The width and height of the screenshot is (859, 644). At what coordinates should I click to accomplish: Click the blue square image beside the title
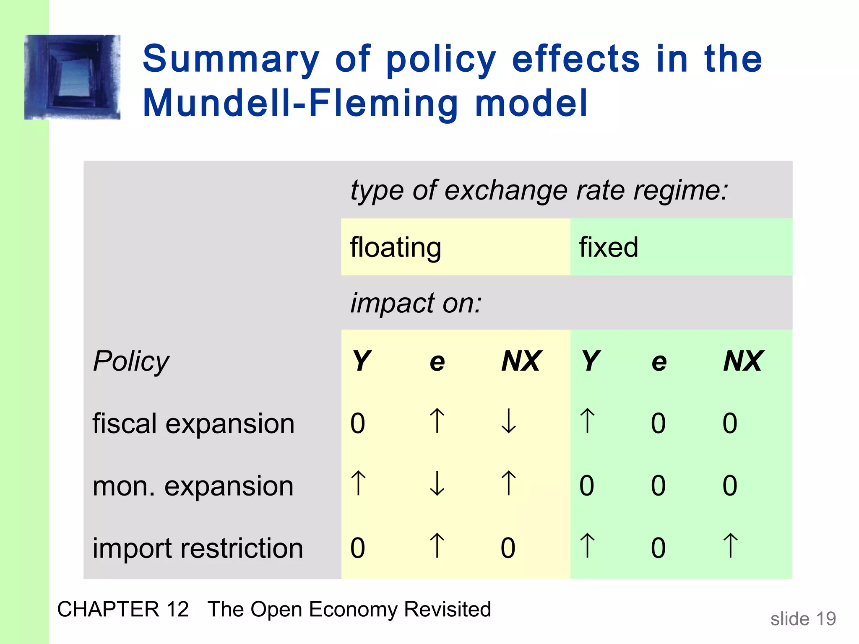pyautogui.click(x=72, y=77)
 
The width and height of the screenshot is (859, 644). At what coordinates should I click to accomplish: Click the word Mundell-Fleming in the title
pyautogui.click(x=300, y=103)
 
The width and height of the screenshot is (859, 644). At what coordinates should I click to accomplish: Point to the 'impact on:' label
pyautogui.click(x=416, y=303)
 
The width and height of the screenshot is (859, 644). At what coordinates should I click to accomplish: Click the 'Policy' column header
pyautogui.click(x=131, y=361)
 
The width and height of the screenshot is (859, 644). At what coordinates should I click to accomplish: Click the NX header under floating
pyautogui.click(x=521, y=361)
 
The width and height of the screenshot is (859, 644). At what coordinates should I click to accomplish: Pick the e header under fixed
pyautogui.click(x=659, y=362)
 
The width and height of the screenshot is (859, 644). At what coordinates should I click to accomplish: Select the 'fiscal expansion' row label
pyautogui.click(x=193, y=423)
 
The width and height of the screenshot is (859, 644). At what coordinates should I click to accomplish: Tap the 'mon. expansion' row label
pyautogui.click(x=193, y=486)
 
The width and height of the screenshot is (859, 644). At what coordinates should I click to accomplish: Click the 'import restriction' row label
pyautogui.click(x=198, y=548)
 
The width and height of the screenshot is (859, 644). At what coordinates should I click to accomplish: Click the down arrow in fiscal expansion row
pyautogui.click(x=509, y=421)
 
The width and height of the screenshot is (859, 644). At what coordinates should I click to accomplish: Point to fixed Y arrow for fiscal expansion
pyautogui.click(x=587, y=421)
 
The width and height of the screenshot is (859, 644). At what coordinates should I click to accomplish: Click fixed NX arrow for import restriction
pyautogui.click(x=730, y=545)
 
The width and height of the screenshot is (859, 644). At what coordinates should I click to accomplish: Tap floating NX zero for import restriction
pyautogui.click(x=508, y=548)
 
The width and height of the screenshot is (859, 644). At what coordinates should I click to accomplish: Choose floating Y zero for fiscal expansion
pyautogui.click(x=358, y=423)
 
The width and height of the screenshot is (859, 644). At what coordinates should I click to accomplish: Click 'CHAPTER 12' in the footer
pyautogui.click(x=123, y=609)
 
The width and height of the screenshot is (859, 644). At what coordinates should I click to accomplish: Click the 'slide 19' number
pyautogui.click(x=803, y=619)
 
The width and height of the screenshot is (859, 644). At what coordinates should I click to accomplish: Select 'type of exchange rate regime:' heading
pyautogui.click(x=539, y=190)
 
